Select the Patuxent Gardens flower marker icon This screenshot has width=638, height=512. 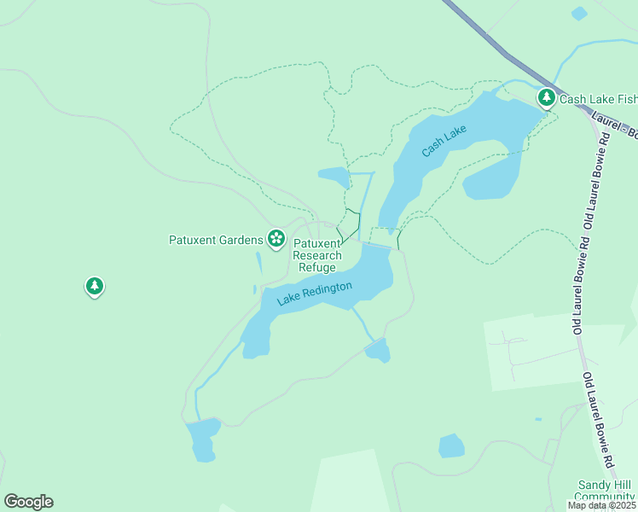(x=275, y=238)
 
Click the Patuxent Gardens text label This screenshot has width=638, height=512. (x=216, y=239)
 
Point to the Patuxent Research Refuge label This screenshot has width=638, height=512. (x=317, y=255)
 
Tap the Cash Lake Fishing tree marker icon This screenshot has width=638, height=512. (x=547, y=98)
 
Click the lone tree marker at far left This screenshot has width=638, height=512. (x=95, y=286)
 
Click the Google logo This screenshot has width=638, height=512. (x=28, y=502)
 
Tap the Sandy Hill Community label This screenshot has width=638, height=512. (x=606, y=491)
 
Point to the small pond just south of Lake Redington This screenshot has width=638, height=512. (x=378, y=350)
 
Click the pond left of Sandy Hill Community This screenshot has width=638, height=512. (x=451, y=445)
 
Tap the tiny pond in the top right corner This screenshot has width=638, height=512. (x=579, y=14)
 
